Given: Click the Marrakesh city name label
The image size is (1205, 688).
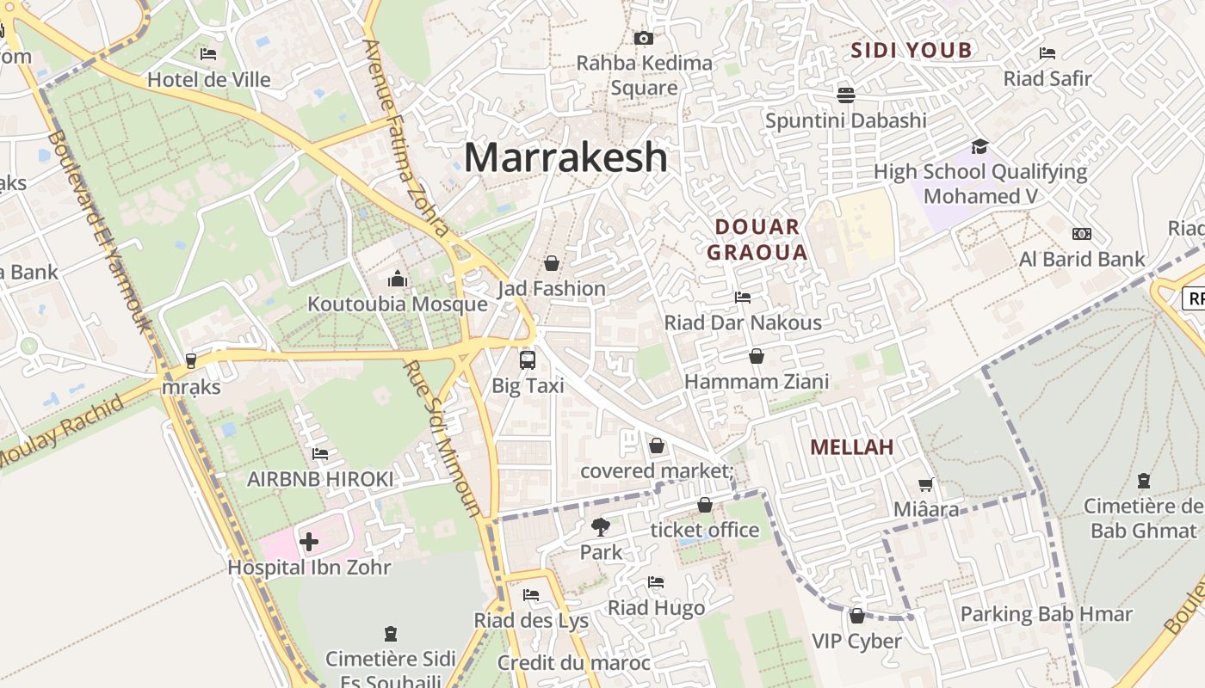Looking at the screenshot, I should click(565, 157).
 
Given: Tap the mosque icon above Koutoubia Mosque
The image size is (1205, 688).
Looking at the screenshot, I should click(398, 279).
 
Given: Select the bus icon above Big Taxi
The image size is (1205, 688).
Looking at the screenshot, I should click(528, 360).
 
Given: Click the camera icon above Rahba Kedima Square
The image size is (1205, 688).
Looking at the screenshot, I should click(643, 38).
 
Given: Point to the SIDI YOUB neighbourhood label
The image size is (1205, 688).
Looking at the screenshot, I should click(911, 51).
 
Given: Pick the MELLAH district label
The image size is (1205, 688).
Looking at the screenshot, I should click(852, 447).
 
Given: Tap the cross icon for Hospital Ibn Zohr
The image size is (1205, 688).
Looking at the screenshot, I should click(309, 542).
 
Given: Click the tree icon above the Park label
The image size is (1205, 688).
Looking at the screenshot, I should click(600, 526).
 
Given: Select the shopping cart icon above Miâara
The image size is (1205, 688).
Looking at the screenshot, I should click(925, 485).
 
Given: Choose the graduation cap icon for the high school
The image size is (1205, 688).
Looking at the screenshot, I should click(979, 146).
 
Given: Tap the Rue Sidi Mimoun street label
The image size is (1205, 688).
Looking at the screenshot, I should click(442, 439).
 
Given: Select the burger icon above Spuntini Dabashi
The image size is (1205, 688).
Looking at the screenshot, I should click(845, 95).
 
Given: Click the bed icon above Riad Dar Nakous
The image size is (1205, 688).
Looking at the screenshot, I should click(743, 298).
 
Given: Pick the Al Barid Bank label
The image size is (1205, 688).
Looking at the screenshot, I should click(1082, 259).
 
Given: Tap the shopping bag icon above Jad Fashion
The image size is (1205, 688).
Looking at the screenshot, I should click(552, 263).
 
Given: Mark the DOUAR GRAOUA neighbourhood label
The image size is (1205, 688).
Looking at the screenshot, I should click(757, 240).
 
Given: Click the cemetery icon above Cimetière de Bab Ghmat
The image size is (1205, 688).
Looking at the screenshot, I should click(1143, 481).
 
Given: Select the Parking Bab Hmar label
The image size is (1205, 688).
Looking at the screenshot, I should click(1046, 614).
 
